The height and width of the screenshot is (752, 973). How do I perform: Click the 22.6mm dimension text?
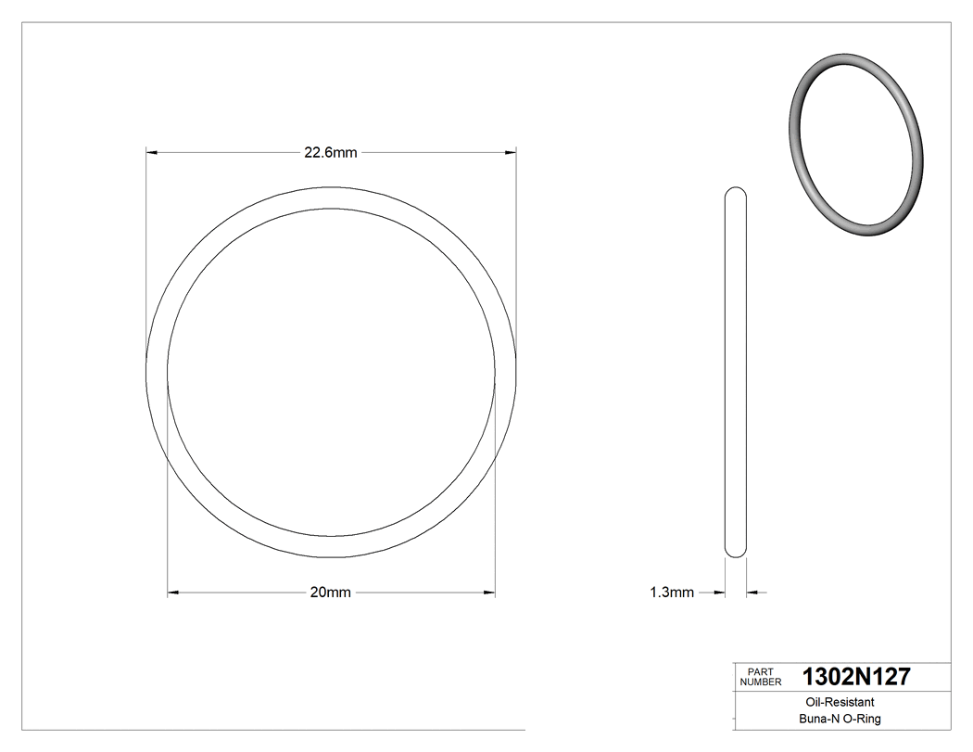click(x=331, y=153)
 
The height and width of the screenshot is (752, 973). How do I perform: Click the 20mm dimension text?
click(x=331, y=593)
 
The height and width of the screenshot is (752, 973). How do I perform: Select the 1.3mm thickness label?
click(x=672, y=593)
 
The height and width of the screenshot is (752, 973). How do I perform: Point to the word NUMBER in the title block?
click(x=761, y=682)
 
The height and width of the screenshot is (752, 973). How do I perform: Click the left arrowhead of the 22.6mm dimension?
click(x=152, y=152)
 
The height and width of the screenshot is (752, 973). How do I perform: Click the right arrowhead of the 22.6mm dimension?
click(x=511, y=152)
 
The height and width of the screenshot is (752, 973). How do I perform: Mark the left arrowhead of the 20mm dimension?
click(x=173, y=592)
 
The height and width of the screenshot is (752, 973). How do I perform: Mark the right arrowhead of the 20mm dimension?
click(x=490, y=592)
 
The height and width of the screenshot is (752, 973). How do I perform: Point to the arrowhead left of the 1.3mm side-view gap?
click(x=718, y=592)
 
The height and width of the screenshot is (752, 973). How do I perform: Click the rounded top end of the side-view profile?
click(x=735, y=191)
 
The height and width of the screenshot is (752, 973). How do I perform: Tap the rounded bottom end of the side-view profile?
click(x=735, y=554)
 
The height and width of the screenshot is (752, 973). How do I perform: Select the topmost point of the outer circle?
click(x=331, y=187)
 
